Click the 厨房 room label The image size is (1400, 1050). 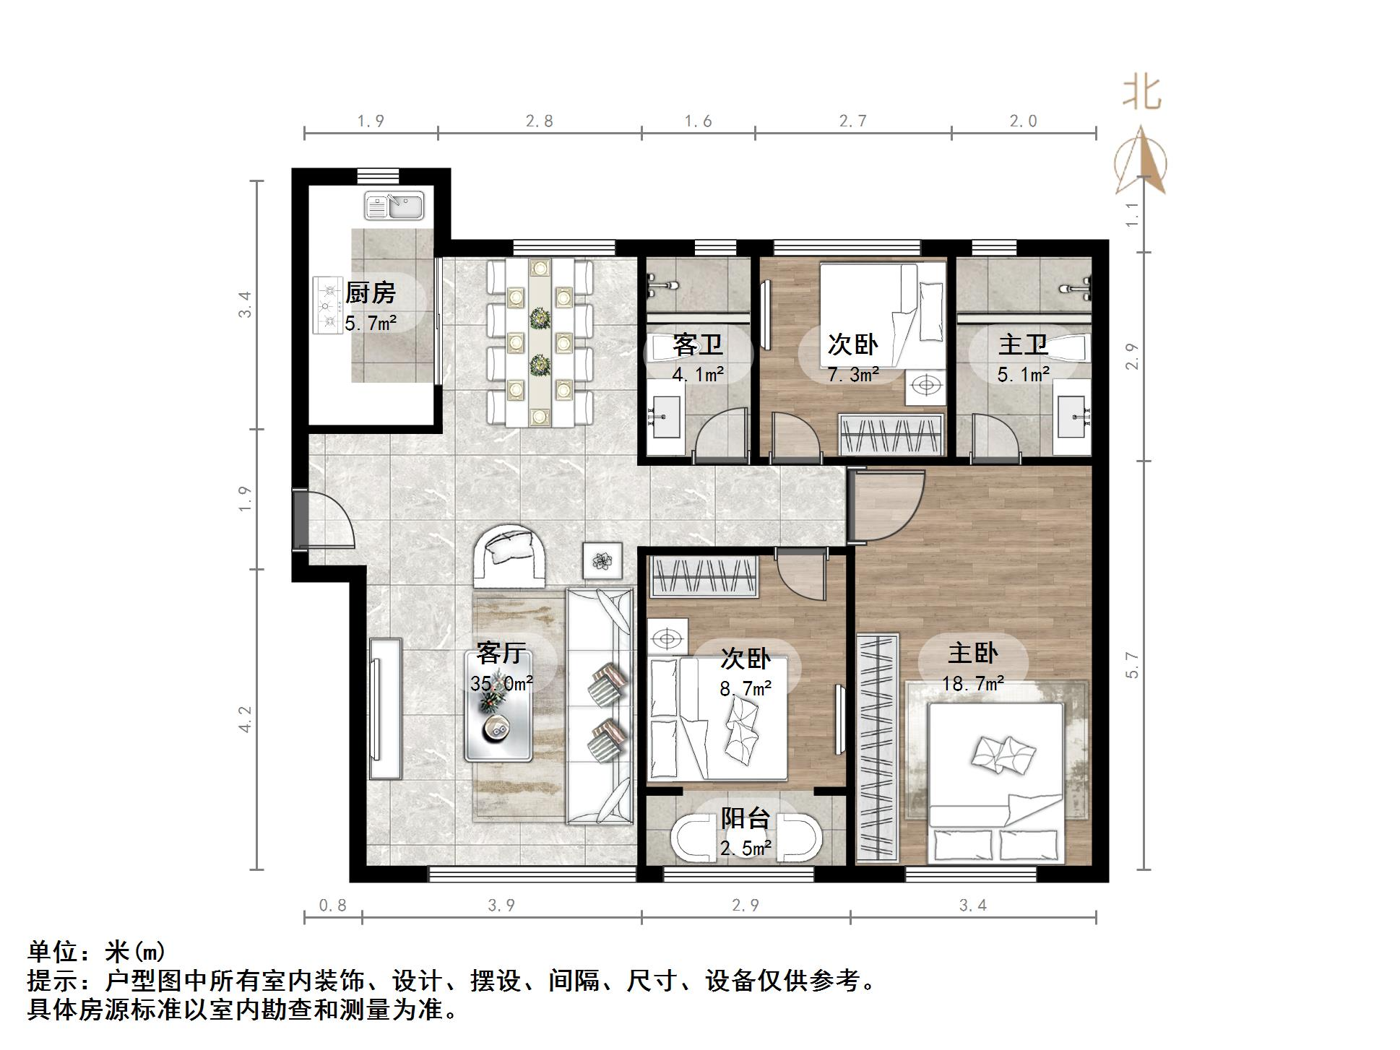(x=370, y=292)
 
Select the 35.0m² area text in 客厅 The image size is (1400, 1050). (x=501, y=682)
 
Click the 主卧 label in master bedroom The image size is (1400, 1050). (x=973, y=653)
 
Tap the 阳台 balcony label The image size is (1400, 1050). (x=746, y=818)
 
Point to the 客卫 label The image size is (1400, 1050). (x=697, y=344)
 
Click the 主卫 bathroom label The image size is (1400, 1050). (x=1023, y=344)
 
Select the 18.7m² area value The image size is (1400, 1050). (x=973, y=683)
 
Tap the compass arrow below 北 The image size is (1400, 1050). (x=1141, y=162)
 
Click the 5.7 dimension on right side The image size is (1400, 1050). (x=1132, y=665)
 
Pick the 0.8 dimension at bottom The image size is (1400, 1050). (x=332, y=905)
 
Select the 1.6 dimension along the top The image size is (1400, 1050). (x=698, y=121)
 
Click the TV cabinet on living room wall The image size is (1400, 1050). (x=385, y=708)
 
